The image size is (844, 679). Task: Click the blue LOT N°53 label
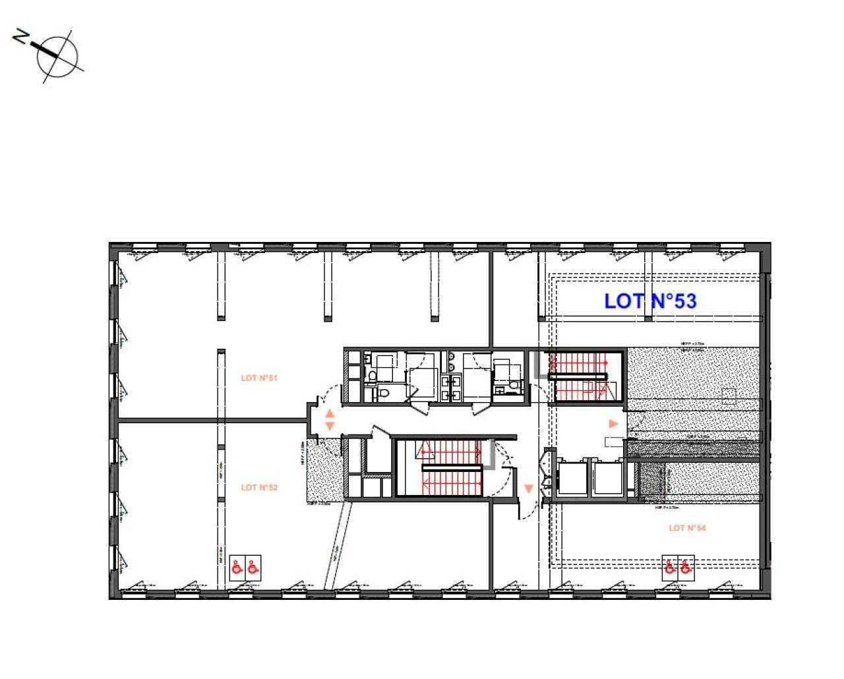coord(650,301)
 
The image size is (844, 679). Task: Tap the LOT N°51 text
coord(259,378)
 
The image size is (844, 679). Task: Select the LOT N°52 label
coord(259,488)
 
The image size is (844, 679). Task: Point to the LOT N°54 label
coord(687,528)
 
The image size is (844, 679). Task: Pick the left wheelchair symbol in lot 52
coord(237,566)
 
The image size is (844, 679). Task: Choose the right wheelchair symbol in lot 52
coord(253,566)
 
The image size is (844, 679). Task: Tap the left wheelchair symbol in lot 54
coord(671,566)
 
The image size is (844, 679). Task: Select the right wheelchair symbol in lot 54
coord(686,566)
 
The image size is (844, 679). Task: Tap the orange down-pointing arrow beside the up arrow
coord(330,426)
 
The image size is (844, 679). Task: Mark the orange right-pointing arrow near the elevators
coord(614,424)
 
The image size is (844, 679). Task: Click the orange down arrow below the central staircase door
coord(528,488)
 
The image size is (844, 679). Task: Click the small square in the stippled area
coord(729,396)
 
